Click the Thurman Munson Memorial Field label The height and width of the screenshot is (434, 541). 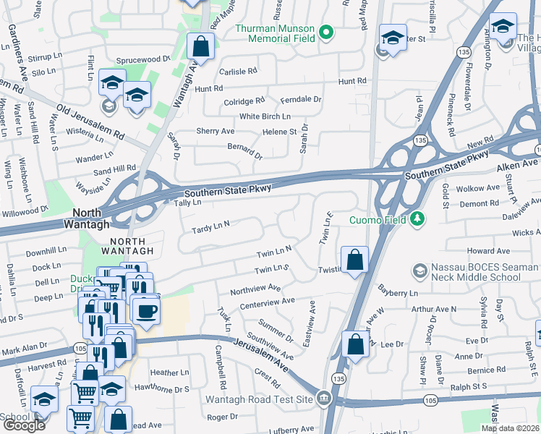pyautogui.click(x=277, y=33)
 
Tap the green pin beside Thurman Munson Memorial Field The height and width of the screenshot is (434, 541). pyautogui.click(x=326, y=32)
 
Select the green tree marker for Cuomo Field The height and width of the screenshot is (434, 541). pyautogui.click(x=417, y=218)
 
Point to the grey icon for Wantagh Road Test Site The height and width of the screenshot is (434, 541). pyautogui.click(x=323, y=399)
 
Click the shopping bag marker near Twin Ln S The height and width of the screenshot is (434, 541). pyautogui.click(x=354, y=260)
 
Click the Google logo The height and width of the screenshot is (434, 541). pyautogui.click(x=24, y=425)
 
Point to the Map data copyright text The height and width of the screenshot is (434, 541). pyautogui.click(x=511, y=428)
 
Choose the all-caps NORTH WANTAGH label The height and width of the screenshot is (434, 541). pyautogui.click(x=127, y=246)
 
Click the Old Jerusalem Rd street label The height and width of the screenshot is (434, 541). pyautogui.click(x=90, y=123)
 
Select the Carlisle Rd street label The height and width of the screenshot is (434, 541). pyautogui.click(x=238, y=72)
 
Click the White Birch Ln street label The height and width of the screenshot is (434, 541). pyautogui.click(x=265, y=116)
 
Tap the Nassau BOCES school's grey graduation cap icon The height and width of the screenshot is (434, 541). pyautogui.click(x=419, y=271)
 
